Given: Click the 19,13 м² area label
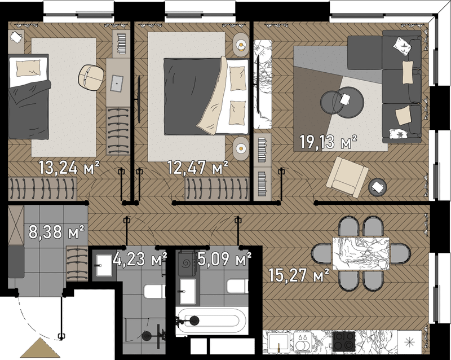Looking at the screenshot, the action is coord(328,142).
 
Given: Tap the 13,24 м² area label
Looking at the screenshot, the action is coord(69,168).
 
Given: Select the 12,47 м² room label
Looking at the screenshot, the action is coord(198,168).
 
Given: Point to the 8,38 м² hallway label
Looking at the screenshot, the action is coord(56,232).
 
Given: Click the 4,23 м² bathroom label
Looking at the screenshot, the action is coord(140,258).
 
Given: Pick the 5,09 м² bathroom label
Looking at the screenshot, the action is coord(224,258).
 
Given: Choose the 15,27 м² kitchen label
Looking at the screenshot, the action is coord(299,275).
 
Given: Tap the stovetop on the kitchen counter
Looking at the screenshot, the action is coord(344,341).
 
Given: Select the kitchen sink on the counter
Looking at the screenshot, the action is coord(278,342).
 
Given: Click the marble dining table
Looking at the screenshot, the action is coord(361,253).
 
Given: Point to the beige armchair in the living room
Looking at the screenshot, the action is coord(347,177).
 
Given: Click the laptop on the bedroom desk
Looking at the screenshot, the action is coord(117,84).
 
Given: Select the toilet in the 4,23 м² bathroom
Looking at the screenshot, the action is coord(154,291).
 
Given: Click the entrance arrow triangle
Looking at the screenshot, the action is coord(40,348).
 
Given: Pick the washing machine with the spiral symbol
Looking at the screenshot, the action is coord(187,264).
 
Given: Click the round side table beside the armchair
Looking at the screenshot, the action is coord(378,187).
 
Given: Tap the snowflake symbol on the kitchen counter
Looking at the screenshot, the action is coord(408,342).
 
